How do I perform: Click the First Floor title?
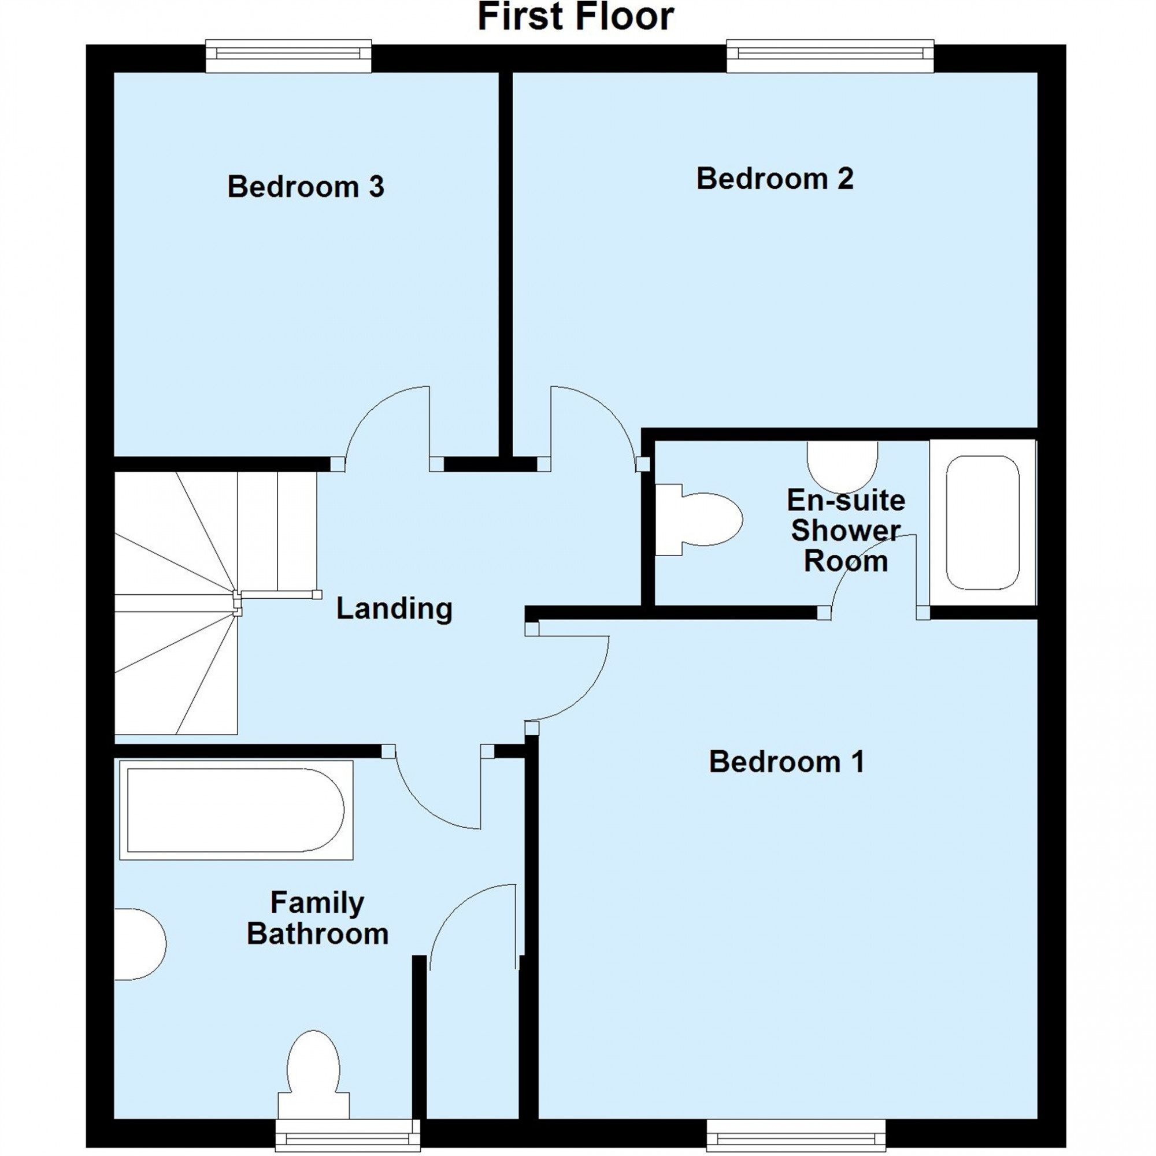click(576, 17)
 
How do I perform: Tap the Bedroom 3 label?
click(306, 187)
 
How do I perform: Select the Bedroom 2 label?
click(775, 178)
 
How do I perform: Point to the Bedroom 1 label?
click(787, 762)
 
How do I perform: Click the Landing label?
click(394, 609)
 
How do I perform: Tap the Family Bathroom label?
click(318, 918)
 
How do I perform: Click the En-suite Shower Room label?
click(846, 531)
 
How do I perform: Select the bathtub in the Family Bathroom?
click(236, 810)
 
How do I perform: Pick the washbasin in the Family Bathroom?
click(140, 944)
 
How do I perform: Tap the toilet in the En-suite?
click(699, 520)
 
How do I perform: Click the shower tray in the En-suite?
click(983, 523)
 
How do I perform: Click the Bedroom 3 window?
click(288, 56)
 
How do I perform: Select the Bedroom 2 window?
click(830, 56)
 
